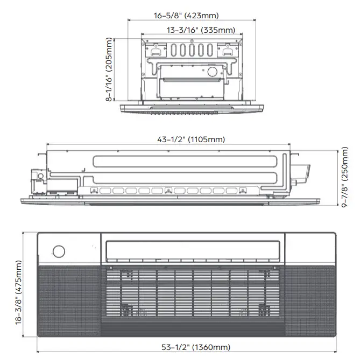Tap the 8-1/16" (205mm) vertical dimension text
pyautogui.click(x=110, y=70)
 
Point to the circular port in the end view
pyautogui.click(x=210, y=72)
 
